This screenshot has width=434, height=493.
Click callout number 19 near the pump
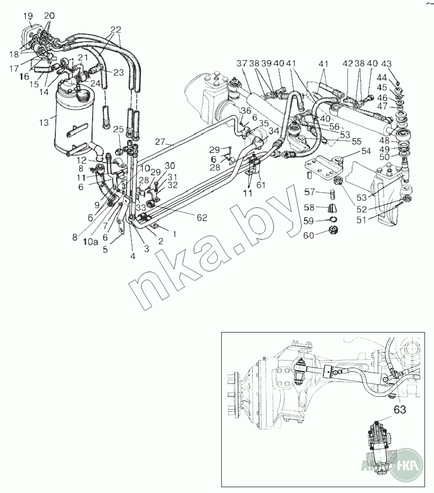28,16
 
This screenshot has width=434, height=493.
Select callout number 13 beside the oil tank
45,123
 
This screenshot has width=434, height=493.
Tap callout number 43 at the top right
401,65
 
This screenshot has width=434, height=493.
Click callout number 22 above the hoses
116,29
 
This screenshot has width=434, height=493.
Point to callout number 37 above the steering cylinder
242,64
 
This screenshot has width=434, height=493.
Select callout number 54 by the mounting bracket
365,152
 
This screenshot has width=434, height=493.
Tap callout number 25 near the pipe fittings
118,129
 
